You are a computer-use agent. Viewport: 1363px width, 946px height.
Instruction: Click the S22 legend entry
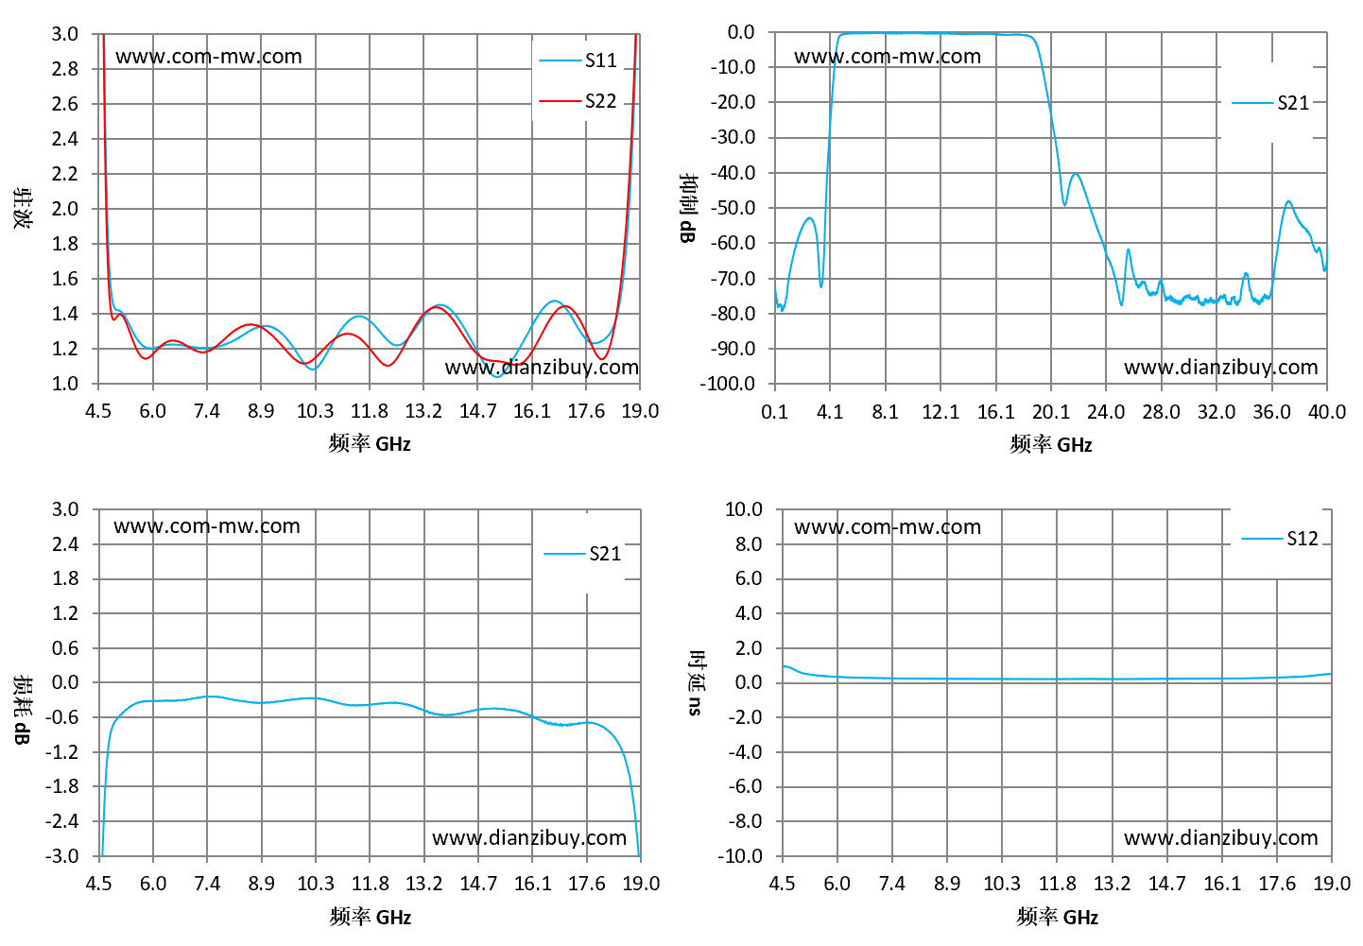578,101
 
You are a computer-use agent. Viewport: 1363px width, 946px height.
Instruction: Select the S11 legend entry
578,60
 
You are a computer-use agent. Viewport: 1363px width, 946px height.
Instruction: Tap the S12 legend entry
1280,539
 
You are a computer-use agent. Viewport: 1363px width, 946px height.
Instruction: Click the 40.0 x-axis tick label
1326,412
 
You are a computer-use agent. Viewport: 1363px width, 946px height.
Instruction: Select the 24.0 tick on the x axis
1106,412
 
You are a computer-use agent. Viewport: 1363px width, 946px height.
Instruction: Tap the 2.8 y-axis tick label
64,69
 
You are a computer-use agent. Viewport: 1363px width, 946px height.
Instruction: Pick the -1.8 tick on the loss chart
62,786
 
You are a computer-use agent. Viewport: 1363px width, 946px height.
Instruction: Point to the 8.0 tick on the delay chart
749,543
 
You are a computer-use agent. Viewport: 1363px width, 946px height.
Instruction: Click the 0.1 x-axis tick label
774,412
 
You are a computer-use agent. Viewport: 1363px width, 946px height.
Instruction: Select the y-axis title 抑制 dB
688,208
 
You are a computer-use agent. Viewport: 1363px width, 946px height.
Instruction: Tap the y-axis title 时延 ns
696,682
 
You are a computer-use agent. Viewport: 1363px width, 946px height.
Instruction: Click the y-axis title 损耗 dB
22,710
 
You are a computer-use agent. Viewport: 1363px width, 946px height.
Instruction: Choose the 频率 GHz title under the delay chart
1057,916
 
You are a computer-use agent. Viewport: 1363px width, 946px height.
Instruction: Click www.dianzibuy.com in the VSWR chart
542,367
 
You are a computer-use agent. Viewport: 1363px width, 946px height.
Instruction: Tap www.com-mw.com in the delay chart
888,526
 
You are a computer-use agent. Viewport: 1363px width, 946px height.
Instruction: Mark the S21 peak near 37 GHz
1288,200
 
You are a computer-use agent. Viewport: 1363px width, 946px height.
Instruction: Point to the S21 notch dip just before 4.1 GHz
821,286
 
